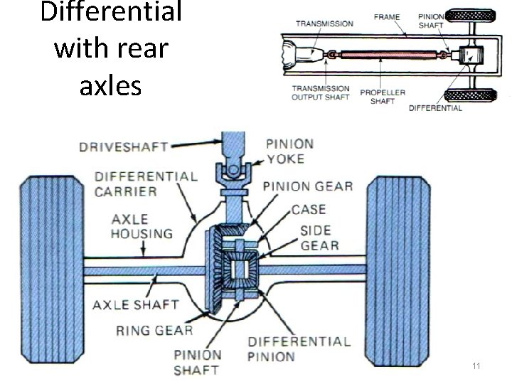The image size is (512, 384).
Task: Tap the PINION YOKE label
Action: click(290, 152)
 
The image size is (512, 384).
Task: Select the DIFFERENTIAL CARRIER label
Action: click(146, 183)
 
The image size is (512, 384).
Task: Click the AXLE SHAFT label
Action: click(135, 305)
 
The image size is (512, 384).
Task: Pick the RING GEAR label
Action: click(154, 329)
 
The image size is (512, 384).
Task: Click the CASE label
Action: click(308, 209)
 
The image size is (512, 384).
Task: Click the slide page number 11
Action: click(477, 366)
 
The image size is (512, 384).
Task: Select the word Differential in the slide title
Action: click(110, 13)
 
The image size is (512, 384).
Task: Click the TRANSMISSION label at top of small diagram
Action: click(324, 23)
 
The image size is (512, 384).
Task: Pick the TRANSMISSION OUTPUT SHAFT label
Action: click(321, 93)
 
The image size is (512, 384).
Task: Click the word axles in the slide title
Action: click(110, 85)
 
